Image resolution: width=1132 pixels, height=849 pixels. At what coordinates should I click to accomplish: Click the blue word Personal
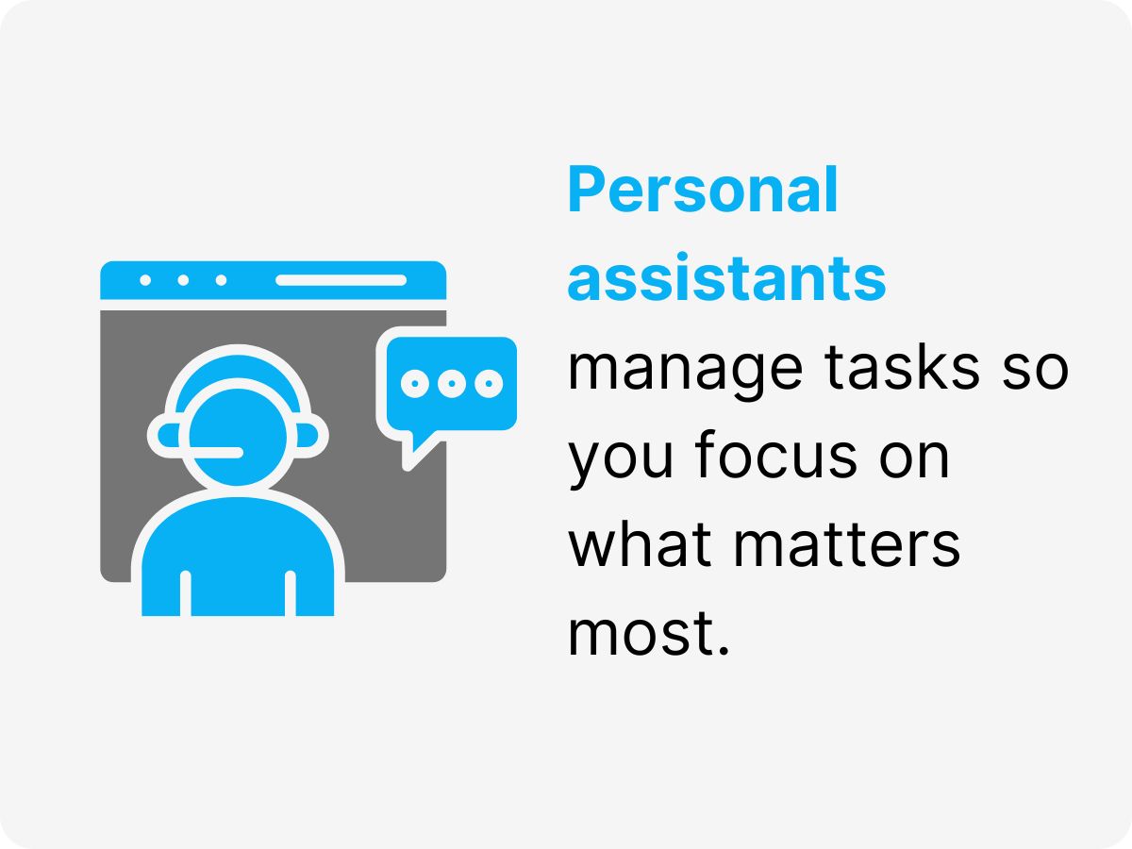pyautogui.click(x=703, y=192)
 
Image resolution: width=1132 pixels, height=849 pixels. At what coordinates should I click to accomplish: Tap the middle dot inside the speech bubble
pyautogui.click(x=451, y=383)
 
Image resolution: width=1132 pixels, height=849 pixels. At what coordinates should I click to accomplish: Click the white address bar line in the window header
pyautogui.click(x=341, y=280)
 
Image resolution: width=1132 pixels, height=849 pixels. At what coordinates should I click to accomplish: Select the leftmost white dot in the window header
pyautogui.click(x=145, y=280)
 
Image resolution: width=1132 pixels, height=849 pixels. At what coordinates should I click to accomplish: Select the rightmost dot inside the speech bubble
pyautogui.click(x=488, y=383)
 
